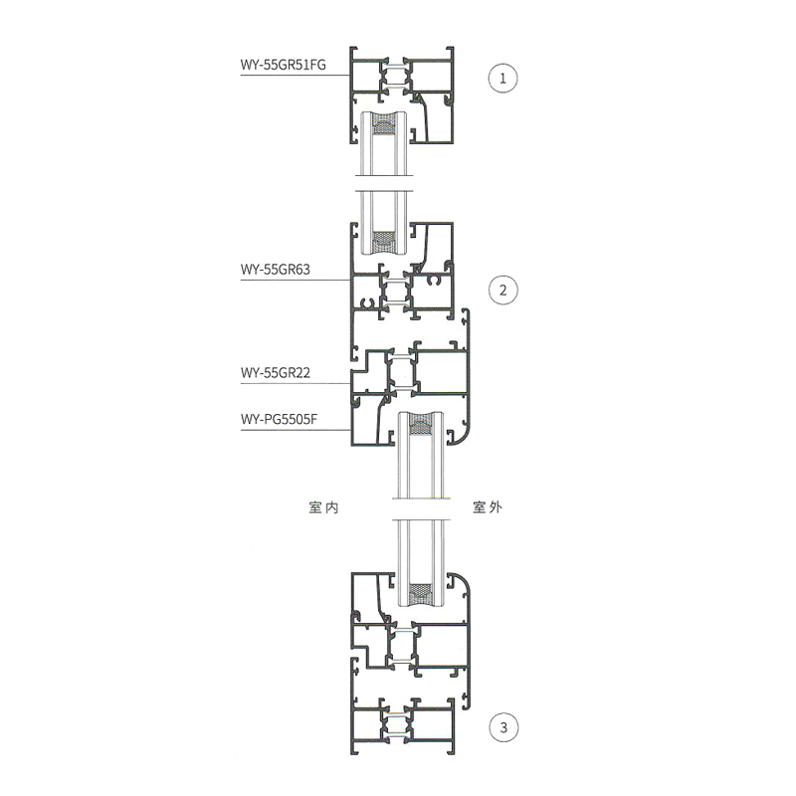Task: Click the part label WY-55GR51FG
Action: point(283,66)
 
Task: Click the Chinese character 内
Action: point(332,507)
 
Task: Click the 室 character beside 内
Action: point(315,507)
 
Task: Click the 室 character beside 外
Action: point(479,507)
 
